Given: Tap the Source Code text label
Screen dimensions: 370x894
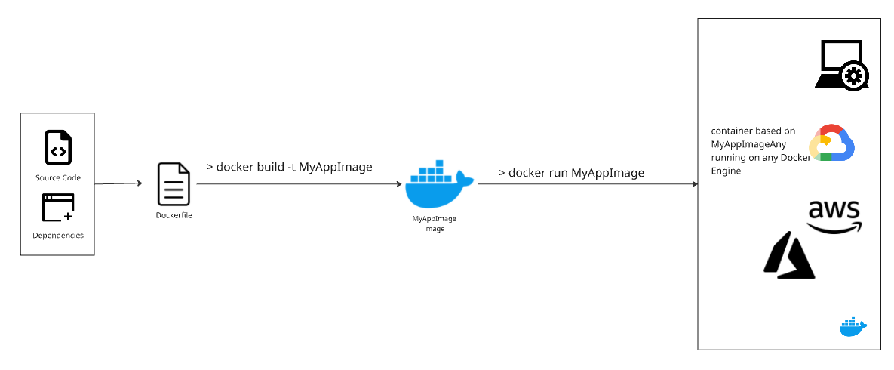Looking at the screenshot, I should pyautogui.click(x=58, y=178).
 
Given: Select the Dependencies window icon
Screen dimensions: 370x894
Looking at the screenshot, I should pyautogui.click(x=58, y=208).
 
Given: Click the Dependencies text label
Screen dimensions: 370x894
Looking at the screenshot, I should pyautogui.click(x=58, y=236).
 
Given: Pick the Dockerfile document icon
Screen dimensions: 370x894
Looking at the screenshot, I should pyautogui.click(x=174, y=183).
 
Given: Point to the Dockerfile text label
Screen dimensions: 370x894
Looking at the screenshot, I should pyautogui.click(x=174, y=216).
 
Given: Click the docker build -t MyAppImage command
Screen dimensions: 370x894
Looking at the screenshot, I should pyautogui.click(x=289, y=167).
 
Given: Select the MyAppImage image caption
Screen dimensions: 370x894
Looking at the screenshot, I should pyautogui.click(x=434, y=224).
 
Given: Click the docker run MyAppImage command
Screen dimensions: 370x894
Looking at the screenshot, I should pyautogui.click(x=571, y=173).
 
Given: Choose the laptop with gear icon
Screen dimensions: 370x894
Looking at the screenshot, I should pyautogui.click(x=841, y=66).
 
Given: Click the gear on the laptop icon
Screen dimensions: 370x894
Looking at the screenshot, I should pyautogui.click(x=854, y=76).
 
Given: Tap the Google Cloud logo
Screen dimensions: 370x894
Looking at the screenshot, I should pyautogui.click(x=831, y=143).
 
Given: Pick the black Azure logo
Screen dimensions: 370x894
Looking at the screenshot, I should pyautogui.click(x=789, y=254).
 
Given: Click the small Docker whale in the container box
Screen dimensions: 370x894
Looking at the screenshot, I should pyautogui.click(x=853, y=327).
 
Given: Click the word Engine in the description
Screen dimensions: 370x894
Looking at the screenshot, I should pyautogui.click(x=726, y=171).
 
